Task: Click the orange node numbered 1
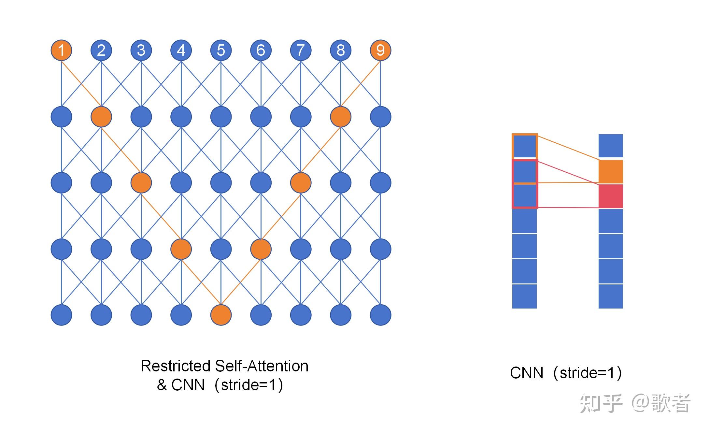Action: coord(61,50)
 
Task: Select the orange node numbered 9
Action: coord(380,50)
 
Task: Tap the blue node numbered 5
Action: coord(221,50)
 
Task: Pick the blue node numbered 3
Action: coord(141,50)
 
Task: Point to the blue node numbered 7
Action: coord(301,50)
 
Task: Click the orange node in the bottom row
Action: coord(221,315)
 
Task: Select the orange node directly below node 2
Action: coord(101,117)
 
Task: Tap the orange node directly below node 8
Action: coord(341,117)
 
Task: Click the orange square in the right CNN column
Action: coord(611,171)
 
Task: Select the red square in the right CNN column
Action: coord(611,196)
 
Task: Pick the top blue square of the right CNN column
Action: coord(611,146)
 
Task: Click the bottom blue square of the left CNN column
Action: coord(524,296)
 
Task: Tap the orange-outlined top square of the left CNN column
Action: coord(524,146)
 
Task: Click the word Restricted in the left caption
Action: coord(175,366)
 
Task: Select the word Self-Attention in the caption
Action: coord(262,366)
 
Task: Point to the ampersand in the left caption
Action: coord(162,385)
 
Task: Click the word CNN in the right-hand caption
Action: coord(527,373)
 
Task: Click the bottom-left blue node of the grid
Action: coord(61,315)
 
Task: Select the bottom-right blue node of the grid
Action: coord(380,315)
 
